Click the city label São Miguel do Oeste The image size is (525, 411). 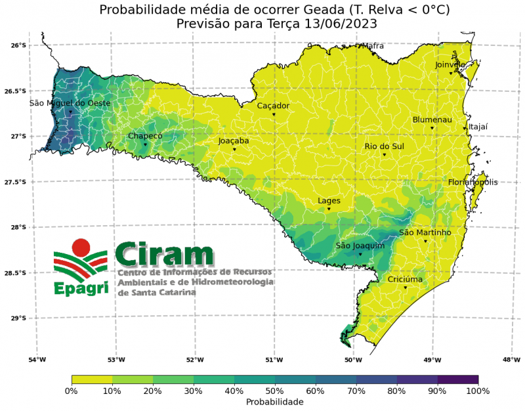70,103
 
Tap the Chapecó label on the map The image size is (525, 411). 145,136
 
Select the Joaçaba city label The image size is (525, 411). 234,141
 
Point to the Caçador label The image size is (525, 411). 273,106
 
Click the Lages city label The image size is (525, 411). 329,200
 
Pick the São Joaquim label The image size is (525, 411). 360,246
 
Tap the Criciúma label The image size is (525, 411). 405,279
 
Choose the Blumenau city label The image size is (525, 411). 432,119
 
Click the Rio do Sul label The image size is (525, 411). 384,146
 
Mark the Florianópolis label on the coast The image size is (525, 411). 472,182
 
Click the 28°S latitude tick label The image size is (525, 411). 18,227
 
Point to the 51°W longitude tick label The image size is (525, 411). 274,359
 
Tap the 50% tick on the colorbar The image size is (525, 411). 274,391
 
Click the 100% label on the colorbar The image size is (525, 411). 478,391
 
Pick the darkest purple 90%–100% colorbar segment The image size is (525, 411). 457,379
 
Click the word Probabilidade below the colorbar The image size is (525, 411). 274,401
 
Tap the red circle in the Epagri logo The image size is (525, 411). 81,248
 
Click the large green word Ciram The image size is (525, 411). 165,253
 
